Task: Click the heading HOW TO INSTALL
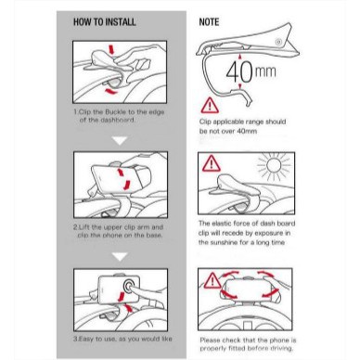coord(105,22)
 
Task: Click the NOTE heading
coord(209,22)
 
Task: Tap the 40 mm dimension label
coord(251,72)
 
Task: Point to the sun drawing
coord(274,165)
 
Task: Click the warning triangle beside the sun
coord(212,163)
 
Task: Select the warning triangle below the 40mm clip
coord(210,106)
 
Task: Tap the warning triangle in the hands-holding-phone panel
coord(212,280)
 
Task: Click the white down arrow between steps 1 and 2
coord(120,141)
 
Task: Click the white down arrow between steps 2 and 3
coord(120,256)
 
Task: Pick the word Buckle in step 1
coord(115,112)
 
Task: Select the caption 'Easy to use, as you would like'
coord(122,339)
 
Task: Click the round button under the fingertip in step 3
coord(128,286)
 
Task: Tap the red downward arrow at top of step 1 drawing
coord(111,50)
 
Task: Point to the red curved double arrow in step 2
coord(123,179)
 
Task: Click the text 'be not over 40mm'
coord(228,131)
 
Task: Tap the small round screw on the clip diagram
coord(279,42)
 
